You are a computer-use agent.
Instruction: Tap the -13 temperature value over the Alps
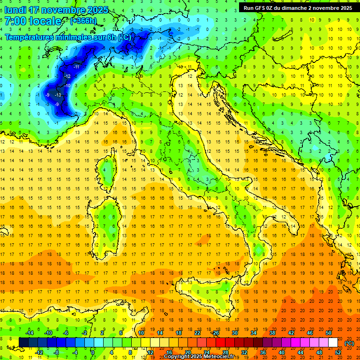58,95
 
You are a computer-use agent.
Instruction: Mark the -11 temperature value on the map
75,67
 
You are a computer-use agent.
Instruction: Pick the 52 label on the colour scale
338,352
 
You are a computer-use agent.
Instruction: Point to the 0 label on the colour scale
93,352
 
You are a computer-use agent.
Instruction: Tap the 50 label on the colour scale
328,333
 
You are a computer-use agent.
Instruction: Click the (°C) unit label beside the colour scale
349,343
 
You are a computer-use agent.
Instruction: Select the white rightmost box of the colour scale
333,343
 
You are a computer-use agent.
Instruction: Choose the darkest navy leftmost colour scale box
23,343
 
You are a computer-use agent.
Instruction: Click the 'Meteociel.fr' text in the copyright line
222,357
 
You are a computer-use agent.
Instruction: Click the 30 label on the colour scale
234,333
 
